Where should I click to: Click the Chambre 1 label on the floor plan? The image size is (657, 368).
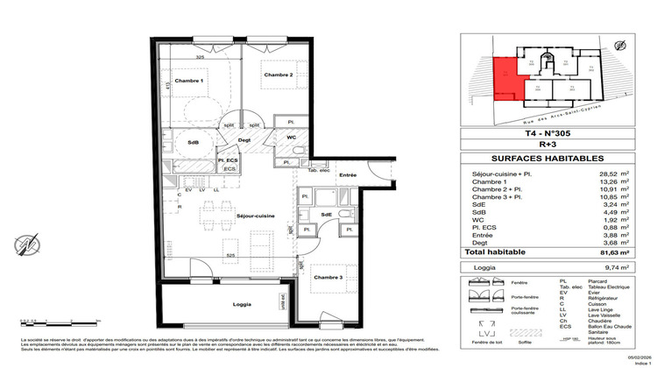point(189,81)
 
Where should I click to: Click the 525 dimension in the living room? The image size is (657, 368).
point(230,256)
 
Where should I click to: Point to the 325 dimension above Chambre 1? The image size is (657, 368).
point(201,57)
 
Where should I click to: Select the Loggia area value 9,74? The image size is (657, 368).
point(604,270)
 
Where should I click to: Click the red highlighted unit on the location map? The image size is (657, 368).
point(505,79)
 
